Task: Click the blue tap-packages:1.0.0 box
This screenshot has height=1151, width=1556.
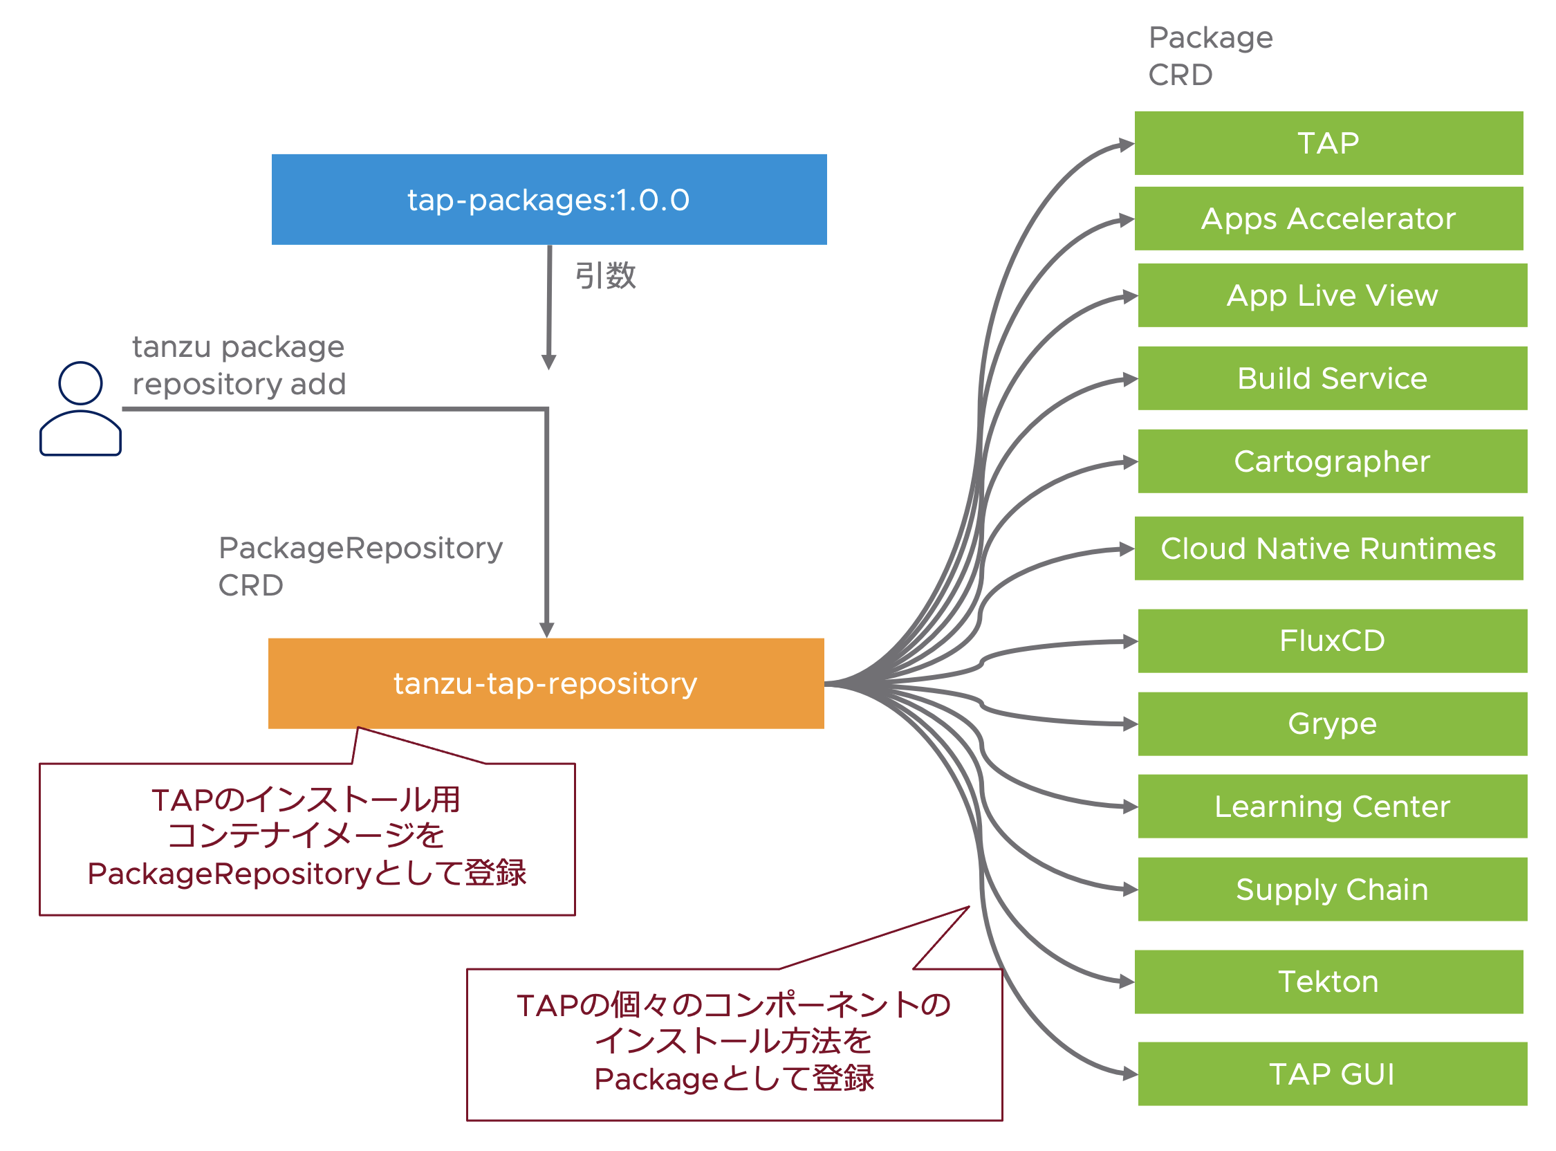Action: click(549, 199)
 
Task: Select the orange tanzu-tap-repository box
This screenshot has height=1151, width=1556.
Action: click(546, 683)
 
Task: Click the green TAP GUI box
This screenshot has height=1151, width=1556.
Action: click(1332, 1074)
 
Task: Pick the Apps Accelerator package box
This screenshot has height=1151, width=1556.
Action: click(1328, 219)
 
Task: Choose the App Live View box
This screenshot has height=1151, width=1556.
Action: click(1332, 295)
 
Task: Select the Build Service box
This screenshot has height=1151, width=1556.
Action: click(1332, 378)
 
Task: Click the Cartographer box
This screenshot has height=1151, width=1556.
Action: click(1332, 461)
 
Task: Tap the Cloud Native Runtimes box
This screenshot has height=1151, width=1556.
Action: click(1328, 549)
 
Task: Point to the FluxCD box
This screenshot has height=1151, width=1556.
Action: click(1332, 641)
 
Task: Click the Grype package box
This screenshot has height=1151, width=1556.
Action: click(1332, 724)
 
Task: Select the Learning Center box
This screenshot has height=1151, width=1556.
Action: click(1332, 806)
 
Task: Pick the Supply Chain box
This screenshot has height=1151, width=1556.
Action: click(1332, 889)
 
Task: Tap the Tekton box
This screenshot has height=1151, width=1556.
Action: click(1328, 982)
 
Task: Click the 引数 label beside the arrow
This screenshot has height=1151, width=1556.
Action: click(605, 276)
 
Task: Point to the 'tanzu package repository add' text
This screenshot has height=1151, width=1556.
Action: click(239, 365)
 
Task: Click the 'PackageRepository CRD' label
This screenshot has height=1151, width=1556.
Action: click(360, 567)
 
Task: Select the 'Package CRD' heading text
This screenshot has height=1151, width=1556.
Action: click(1210, 56)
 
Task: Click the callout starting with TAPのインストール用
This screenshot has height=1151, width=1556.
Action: click(307, 838)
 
